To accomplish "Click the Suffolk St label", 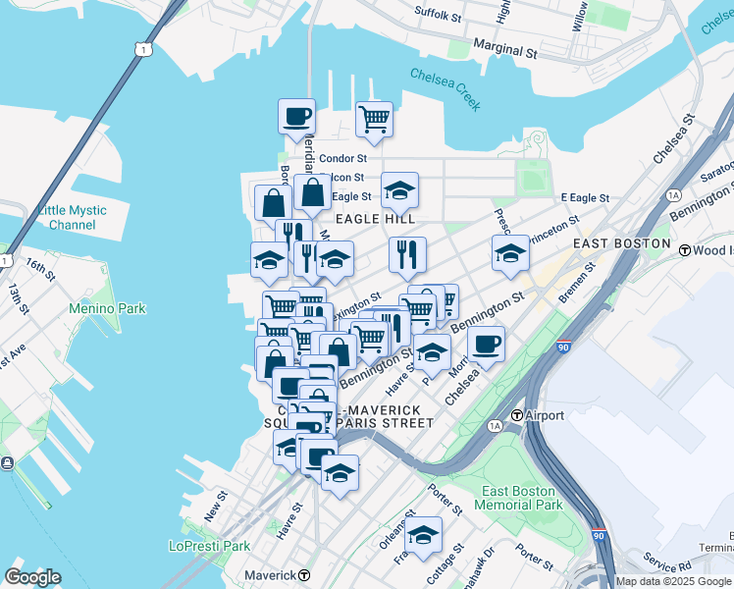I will pos(438,16).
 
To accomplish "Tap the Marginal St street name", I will pos(504,46).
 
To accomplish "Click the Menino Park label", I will pos(107,308).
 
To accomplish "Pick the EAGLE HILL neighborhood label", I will pos(375,219).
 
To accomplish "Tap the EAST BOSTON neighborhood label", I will pos(621,243).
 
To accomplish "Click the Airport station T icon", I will pos(516,415).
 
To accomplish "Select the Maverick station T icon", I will pos(305,574).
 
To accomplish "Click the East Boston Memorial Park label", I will pos(518,498).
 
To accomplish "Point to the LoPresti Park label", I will pos(209,546).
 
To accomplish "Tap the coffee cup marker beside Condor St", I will pos(296,117).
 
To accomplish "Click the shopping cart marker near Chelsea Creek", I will pos(374,120).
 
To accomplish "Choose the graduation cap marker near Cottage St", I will pos(424,535).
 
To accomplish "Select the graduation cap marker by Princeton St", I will pos(510,252).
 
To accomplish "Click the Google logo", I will pos(32,576).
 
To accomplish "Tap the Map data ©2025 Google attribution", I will pos(673,581).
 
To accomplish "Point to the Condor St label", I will pos(342,158).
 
